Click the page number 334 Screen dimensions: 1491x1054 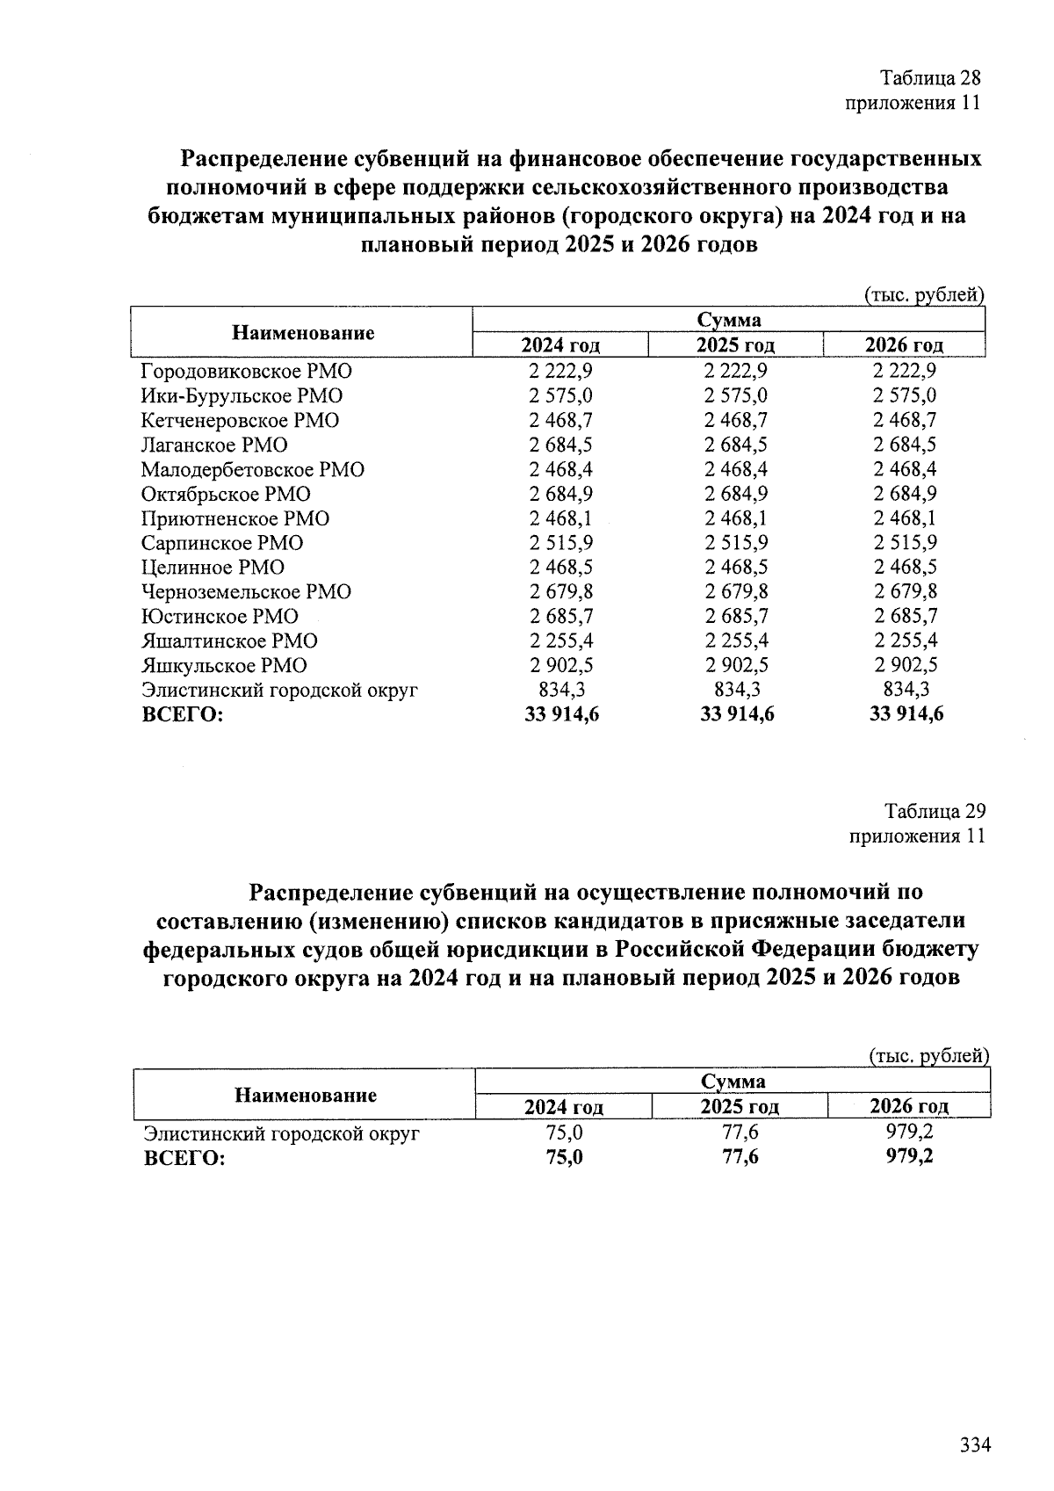(975, 1444)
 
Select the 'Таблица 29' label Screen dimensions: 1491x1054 (935, 810)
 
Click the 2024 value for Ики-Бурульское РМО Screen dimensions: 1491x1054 (560, 395)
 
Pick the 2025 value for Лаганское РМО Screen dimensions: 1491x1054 (736, 445)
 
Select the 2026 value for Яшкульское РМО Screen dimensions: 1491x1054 (905, 665)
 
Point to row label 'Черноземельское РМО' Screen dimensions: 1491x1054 (246, 591)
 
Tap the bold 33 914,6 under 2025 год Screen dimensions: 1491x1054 (736, 714)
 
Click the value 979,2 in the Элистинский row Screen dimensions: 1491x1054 (909, 1133)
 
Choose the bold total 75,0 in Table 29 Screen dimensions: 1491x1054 (564, 1157)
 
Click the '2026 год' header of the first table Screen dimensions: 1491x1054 (904, 344)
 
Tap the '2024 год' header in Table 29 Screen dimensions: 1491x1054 (563, 1107)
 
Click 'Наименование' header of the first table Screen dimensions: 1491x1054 (303, 332)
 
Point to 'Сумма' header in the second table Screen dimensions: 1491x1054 (733, 1082)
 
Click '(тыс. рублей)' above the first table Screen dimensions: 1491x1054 (923, 295)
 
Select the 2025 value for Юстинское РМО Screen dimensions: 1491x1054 (736, 616)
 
